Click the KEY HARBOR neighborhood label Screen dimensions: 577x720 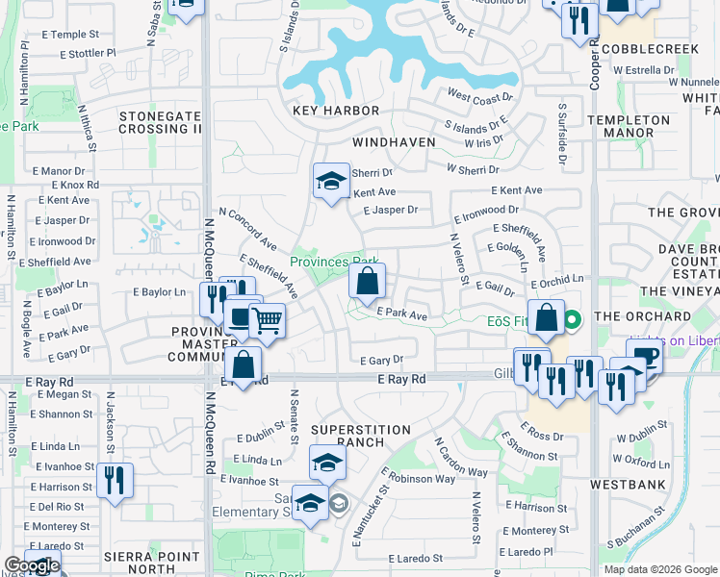point(336,111)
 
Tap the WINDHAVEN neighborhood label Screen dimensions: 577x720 point(394,141)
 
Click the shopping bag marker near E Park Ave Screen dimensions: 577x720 point(367,283)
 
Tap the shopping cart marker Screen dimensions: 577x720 point(268,321)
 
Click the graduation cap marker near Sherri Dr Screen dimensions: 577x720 point(330,180)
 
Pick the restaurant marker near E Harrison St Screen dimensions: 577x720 point(115,480)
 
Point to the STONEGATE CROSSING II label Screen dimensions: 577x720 point(161,122)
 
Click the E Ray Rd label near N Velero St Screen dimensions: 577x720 point(401,381)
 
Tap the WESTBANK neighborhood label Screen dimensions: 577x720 point(627,484)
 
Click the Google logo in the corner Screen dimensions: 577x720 point(31,565)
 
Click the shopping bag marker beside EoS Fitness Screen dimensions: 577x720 point(546,319)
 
